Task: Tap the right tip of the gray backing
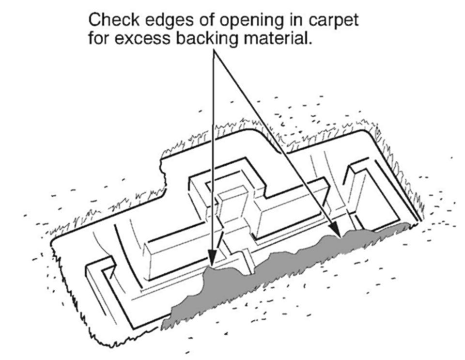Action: [x=410, y=224]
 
